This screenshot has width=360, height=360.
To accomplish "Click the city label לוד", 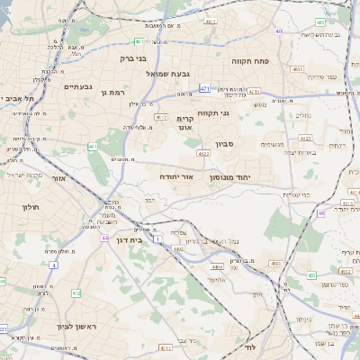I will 250,346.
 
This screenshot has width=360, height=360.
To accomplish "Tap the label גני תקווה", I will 237,112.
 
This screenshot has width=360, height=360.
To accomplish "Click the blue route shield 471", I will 204,88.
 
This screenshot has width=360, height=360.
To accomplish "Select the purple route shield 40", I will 279,31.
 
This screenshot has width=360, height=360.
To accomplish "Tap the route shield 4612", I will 161,117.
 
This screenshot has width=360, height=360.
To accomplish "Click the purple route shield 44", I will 104,238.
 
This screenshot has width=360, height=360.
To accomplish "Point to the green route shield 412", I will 76,292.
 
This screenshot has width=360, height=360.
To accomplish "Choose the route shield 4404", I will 216,267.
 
